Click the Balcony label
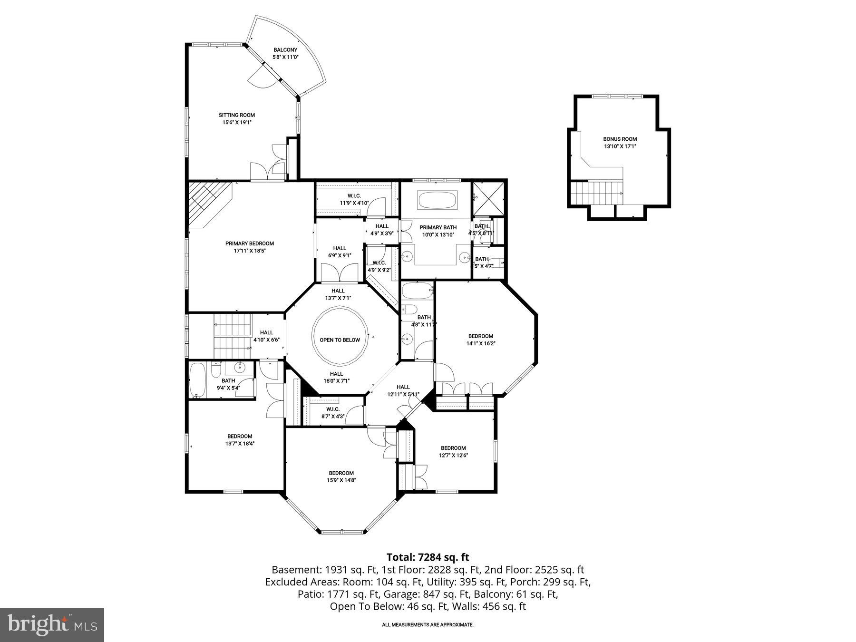[285, 50]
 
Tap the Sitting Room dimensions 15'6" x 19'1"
[236, 122]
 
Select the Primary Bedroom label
[249, 243]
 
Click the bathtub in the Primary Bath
[437, 200]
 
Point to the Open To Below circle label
[340, 340]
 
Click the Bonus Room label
[620, 139]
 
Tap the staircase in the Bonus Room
[597, 193]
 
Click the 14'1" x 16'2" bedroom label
[480, 336]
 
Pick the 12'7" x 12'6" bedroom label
[453, 448]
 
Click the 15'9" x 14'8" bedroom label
[341, 473]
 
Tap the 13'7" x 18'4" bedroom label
[239, 437]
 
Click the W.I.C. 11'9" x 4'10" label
[354, 196]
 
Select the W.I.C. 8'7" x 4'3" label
[332, 409]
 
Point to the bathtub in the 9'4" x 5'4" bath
[196, 380]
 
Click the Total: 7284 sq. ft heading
[428, 557]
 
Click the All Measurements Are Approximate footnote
[428, 625]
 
